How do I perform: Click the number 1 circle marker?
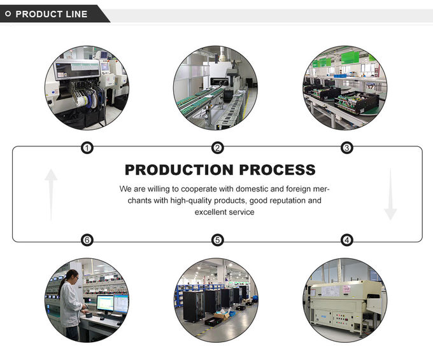coord(87,148)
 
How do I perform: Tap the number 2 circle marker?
coord(217,148)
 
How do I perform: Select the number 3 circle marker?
coord(346,148)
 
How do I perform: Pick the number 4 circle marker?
coord(346,240)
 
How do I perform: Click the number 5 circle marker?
coord(217,240)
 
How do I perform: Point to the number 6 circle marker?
coord(87,240)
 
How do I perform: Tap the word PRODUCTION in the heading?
coord(178,170)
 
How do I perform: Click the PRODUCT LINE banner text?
coord(52,14)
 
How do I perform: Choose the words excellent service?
coord(224,212)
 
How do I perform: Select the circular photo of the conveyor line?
coord(216,88)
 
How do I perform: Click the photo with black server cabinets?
coord(217,299)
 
